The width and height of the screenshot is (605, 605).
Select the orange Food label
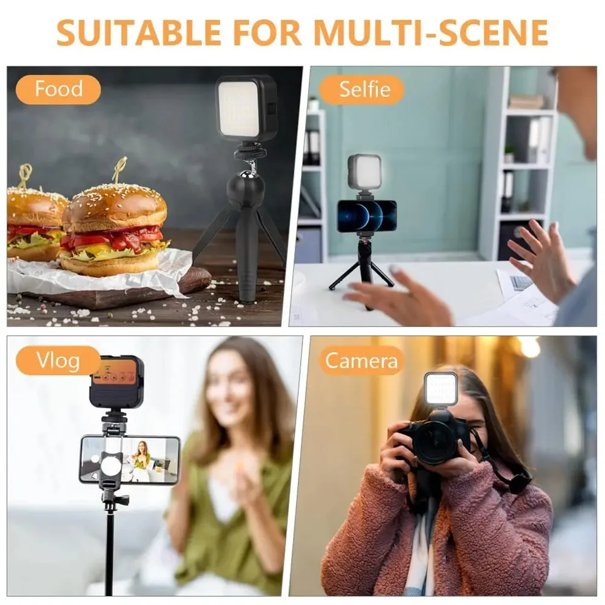(x=59, y=89)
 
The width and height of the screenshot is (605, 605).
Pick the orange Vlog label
(x=58, y=360)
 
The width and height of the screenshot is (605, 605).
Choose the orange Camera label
(x=361, y=360)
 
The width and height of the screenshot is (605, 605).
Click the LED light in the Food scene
(x=246, y=108)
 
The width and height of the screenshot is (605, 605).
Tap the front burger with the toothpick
(x=115, y=230)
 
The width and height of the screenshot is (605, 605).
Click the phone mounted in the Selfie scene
(x=366, y=216)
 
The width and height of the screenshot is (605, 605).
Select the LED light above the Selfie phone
(x=364, y=172)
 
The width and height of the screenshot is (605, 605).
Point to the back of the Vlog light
(x=116, y=381)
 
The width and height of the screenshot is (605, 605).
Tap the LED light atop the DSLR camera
(x=440, y=389)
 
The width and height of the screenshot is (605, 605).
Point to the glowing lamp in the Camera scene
(x=528, y=347)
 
